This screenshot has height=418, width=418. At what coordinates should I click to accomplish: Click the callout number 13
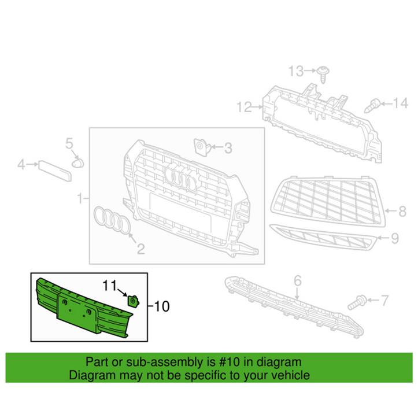pyautogui.click(x=296, y=71)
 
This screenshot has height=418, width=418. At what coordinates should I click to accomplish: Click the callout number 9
pyautogui.click(x=395, y=237)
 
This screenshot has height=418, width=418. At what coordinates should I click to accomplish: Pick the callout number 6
pyautogui.click(x=298, y=280)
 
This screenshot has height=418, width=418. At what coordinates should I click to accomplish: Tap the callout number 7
pyautogui.click(x=383, y=299)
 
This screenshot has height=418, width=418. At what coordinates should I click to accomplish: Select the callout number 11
pyautogui.click(x=110, y=284)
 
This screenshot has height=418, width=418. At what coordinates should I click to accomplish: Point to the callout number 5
pyautogui.click(x=69, y=143)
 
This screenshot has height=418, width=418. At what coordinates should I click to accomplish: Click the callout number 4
pyautogui.click(x=21, y=165)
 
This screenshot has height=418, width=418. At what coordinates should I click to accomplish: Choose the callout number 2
pyautogui.click(x=140, y=249)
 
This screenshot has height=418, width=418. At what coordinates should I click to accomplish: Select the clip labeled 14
pyautogui.click(x=373, y=106)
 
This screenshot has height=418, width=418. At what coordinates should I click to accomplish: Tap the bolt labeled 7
pyautogui.click(x=357, y=302)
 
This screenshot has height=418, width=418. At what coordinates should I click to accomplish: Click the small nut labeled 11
pyautogui.click(x=132, y=300)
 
